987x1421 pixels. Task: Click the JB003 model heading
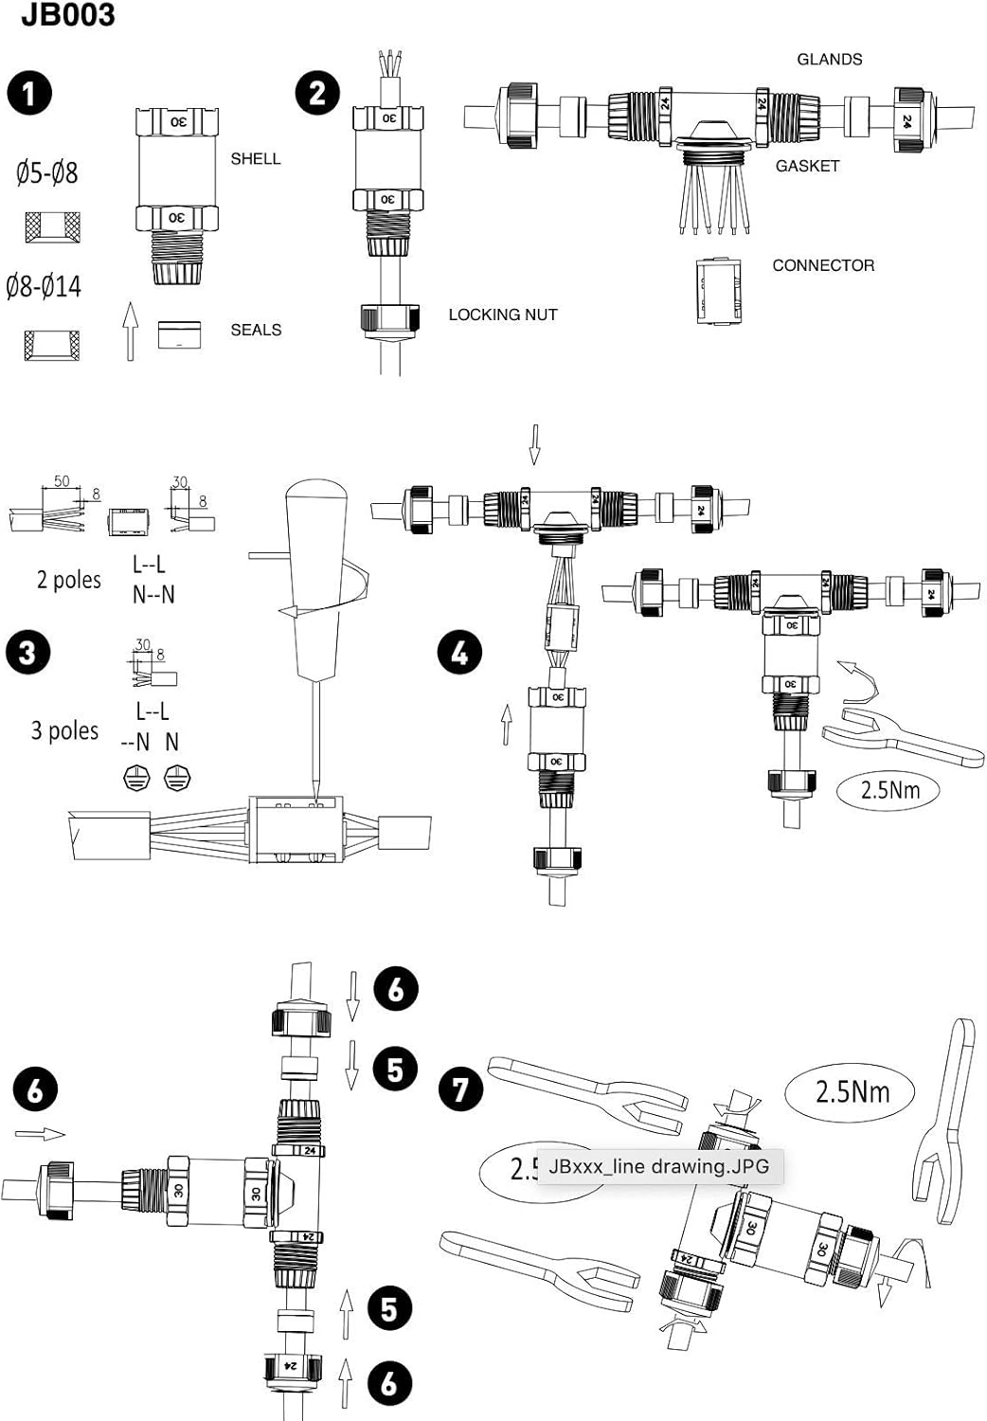point(67,15)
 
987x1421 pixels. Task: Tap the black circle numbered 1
point(29,94)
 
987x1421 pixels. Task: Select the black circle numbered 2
point(317,94)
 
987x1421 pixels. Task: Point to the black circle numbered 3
point(27,653)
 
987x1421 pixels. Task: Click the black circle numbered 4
point(459,653)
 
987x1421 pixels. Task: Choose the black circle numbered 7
point(460,1088)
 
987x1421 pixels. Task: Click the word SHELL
point(256,159)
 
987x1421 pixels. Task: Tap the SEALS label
point(256,330)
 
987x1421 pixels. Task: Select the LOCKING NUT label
point(502,315)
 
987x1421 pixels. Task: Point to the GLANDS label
point(829,60)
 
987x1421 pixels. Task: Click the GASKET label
point(807,166)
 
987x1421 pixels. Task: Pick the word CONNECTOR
point(823,265)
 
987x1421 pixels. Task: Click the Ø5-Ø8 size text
point(46,173)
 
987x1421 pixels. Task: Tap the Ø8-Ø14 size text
point(44,286)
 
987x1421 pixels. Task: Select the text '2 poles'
point(68,580)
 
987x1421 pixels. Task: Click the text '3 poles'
point(64,730)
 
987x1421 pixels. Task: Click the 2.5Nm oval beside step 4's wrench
point(888,789)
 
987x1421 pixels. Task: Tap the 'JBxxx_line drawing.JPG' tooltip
point(658,1166)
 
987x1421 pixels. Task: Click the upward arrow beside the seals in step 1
point(130,331)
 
